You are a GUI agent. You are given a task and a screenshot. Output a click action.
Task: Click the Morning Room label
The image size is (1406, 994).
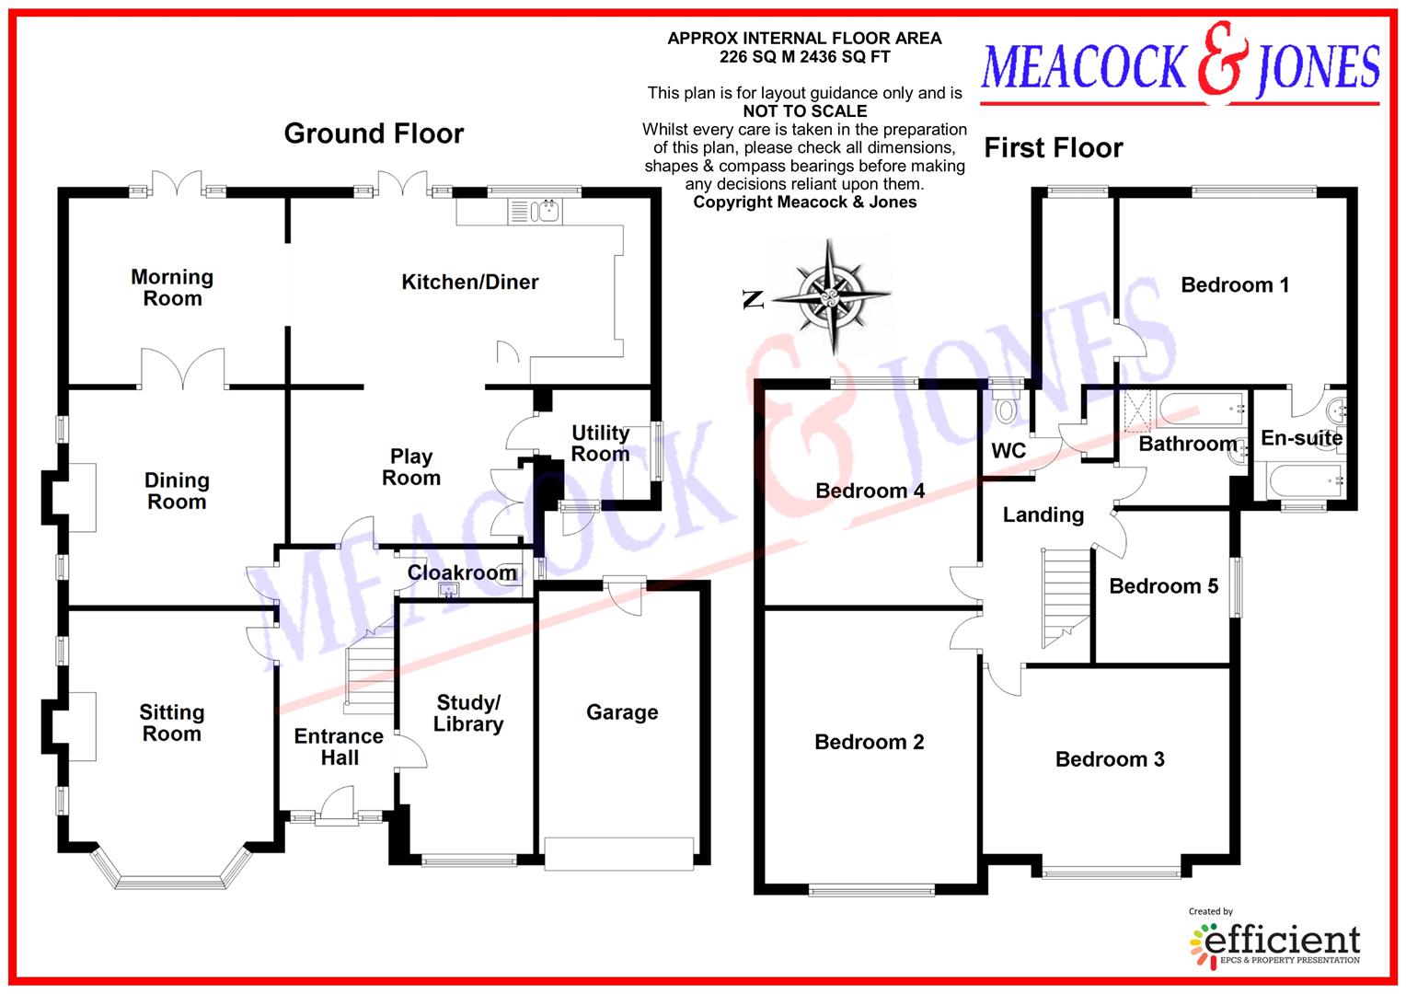click(172, 287)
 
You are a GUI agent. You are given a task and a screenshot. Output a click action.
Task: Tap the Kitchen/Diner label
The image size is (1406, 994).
click(469, 282)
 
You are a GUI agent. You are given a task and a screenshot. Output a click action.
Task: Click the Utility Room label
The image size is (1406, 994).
click(600, 443)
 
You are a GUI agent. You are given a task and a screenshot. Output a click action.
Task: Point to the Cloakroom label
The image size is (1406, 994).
click(462, 572)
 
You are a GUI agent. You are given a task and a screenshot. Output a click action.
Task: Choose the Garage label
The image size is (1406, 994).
click(622, 711)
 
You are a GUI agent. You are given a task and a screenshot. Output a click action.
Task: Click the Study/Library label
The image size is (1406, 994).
click(468, 713)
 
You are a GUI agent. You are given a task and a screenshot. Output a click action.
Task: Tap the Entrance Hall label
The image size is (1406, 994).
click(339, 746)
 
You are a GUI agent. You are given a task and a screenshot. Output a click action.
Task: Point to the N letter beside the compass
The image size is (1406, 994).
click(754, 299)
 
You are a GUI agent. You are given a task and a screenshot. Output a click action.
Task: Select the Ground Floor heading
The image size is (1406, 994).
click(374, 133)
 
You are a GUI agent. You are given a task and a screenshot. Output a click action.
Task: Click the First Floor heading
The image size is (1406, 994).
click(1054, 148)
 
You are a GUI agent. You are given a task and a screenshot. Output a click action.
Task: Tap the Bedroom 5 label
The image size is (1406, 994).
click(1163, 586)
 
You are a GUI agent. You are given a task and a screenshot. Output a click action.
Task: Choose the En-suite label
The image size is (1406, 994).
click(1301, 438)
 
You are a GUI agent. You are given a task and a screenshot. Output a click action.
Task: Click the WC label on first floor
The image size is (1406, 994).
click(1008, 451)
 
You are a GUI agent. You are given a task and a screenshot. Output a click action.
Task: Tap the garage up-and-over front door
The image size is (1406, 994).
click(618, 853)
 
